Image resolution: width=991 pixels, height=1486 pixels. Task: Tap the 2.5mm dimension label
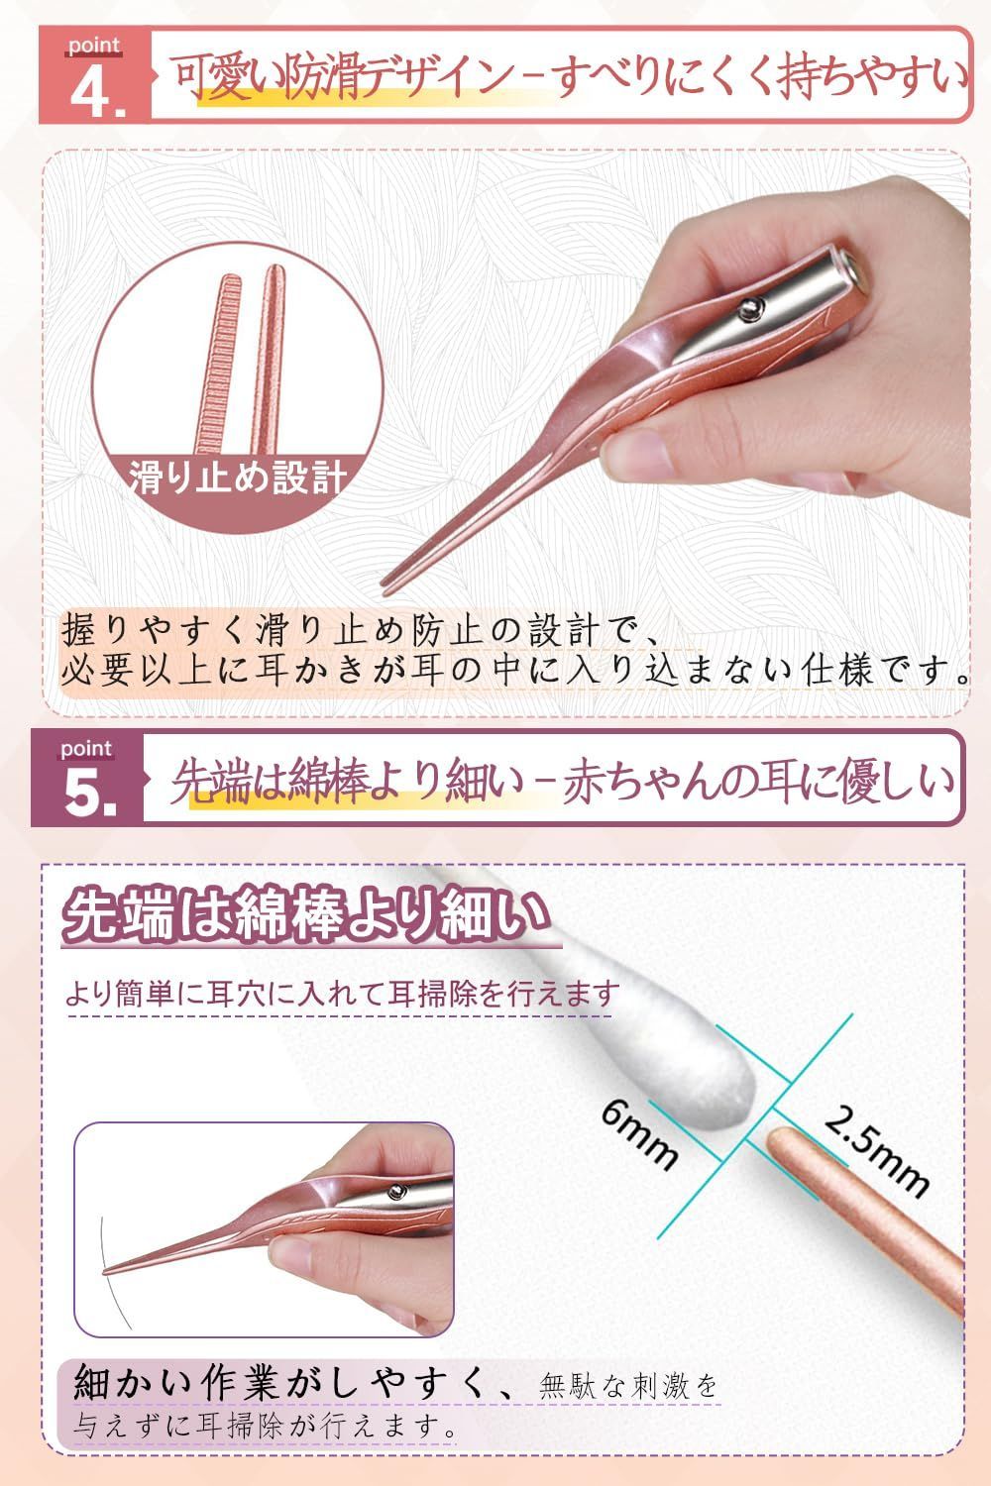pyautogui.click(x=876, y=1148)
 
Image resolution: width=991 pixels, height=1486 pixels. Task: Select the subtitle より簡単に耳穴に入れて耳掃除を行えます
pyautogui.click(x=342, y=993)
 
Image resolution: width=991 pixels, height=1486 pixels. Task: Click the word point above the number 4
pyautogui.click(x=94, y=46)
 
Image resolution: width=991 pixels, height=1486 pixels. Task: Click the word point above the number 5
pyautogui.click(x=87, y=749)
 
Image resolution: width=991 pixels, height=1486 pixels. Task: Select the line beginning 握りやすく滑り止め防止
pyautogui.click(x=357, y=629)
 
